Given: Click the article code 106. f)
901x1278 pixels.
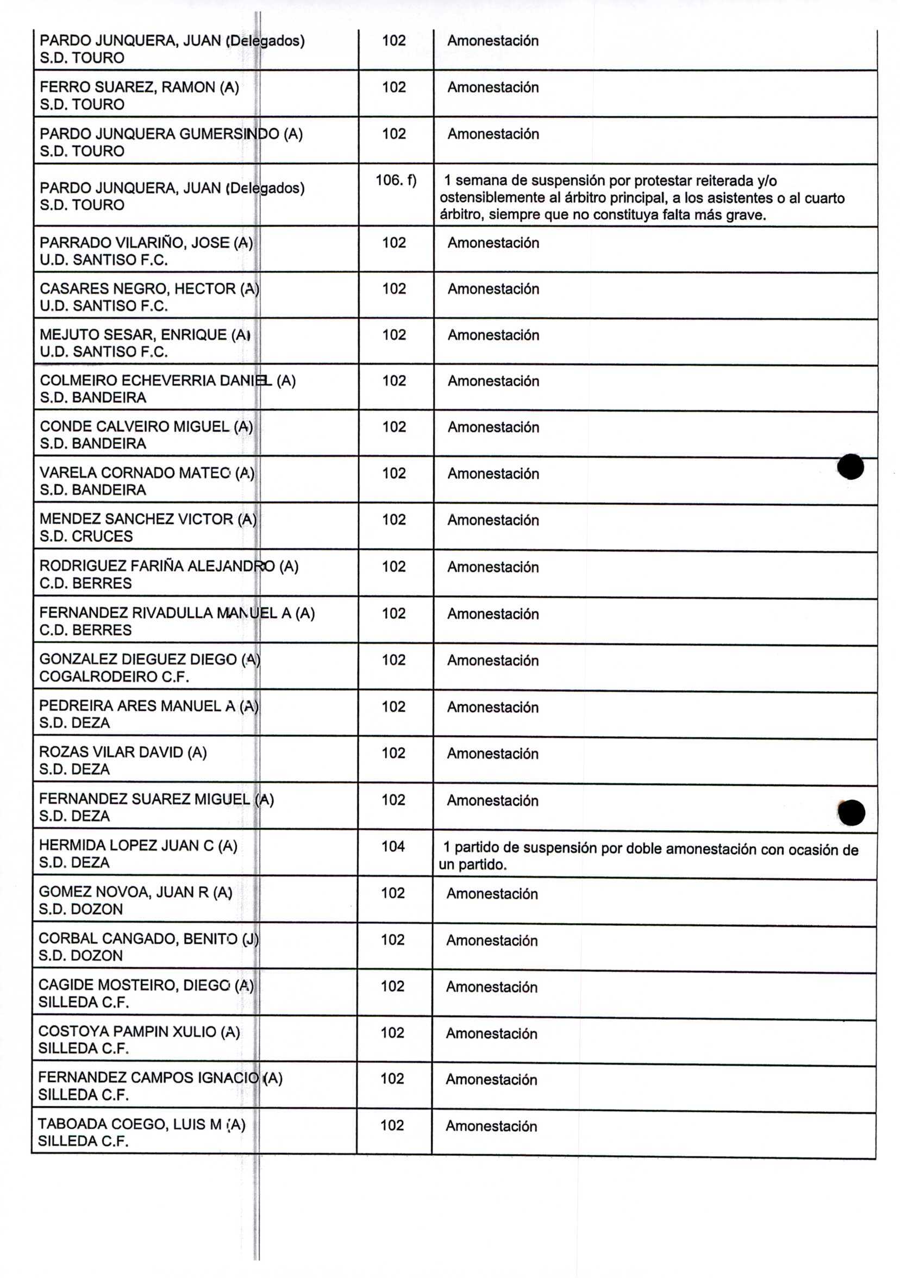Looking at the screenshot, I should [x=396, y=180].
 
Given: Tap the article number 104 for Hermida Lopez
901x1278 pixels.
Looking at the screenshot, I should [x=393, y=847].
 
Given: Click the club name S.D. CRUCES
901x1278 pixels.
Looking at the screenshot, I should [x=86, y=537].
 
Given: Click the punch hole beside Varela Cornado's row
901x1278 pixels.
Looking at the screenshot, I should [x=850, y=466].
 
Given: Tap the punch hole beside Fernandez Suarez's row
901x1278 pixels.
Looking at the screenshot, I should [x=852, y=813].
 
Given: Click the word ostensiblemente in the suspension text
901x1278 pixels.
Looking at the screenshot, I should [x=492, y=198].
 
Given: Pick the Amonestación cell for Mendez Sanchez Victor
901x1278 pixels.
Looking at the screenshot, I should [x=493, y=521].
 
